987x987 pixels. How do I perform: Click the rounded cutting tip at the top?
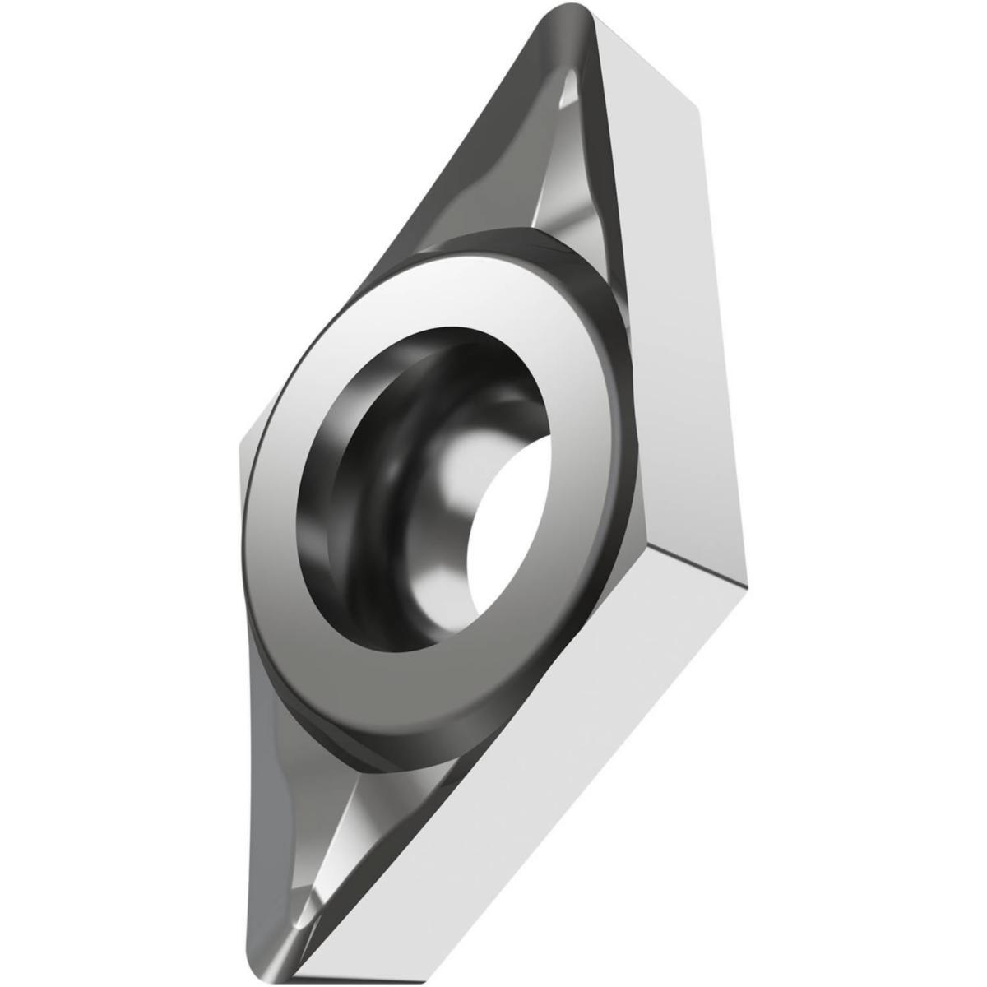click(x=568, y=25)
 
